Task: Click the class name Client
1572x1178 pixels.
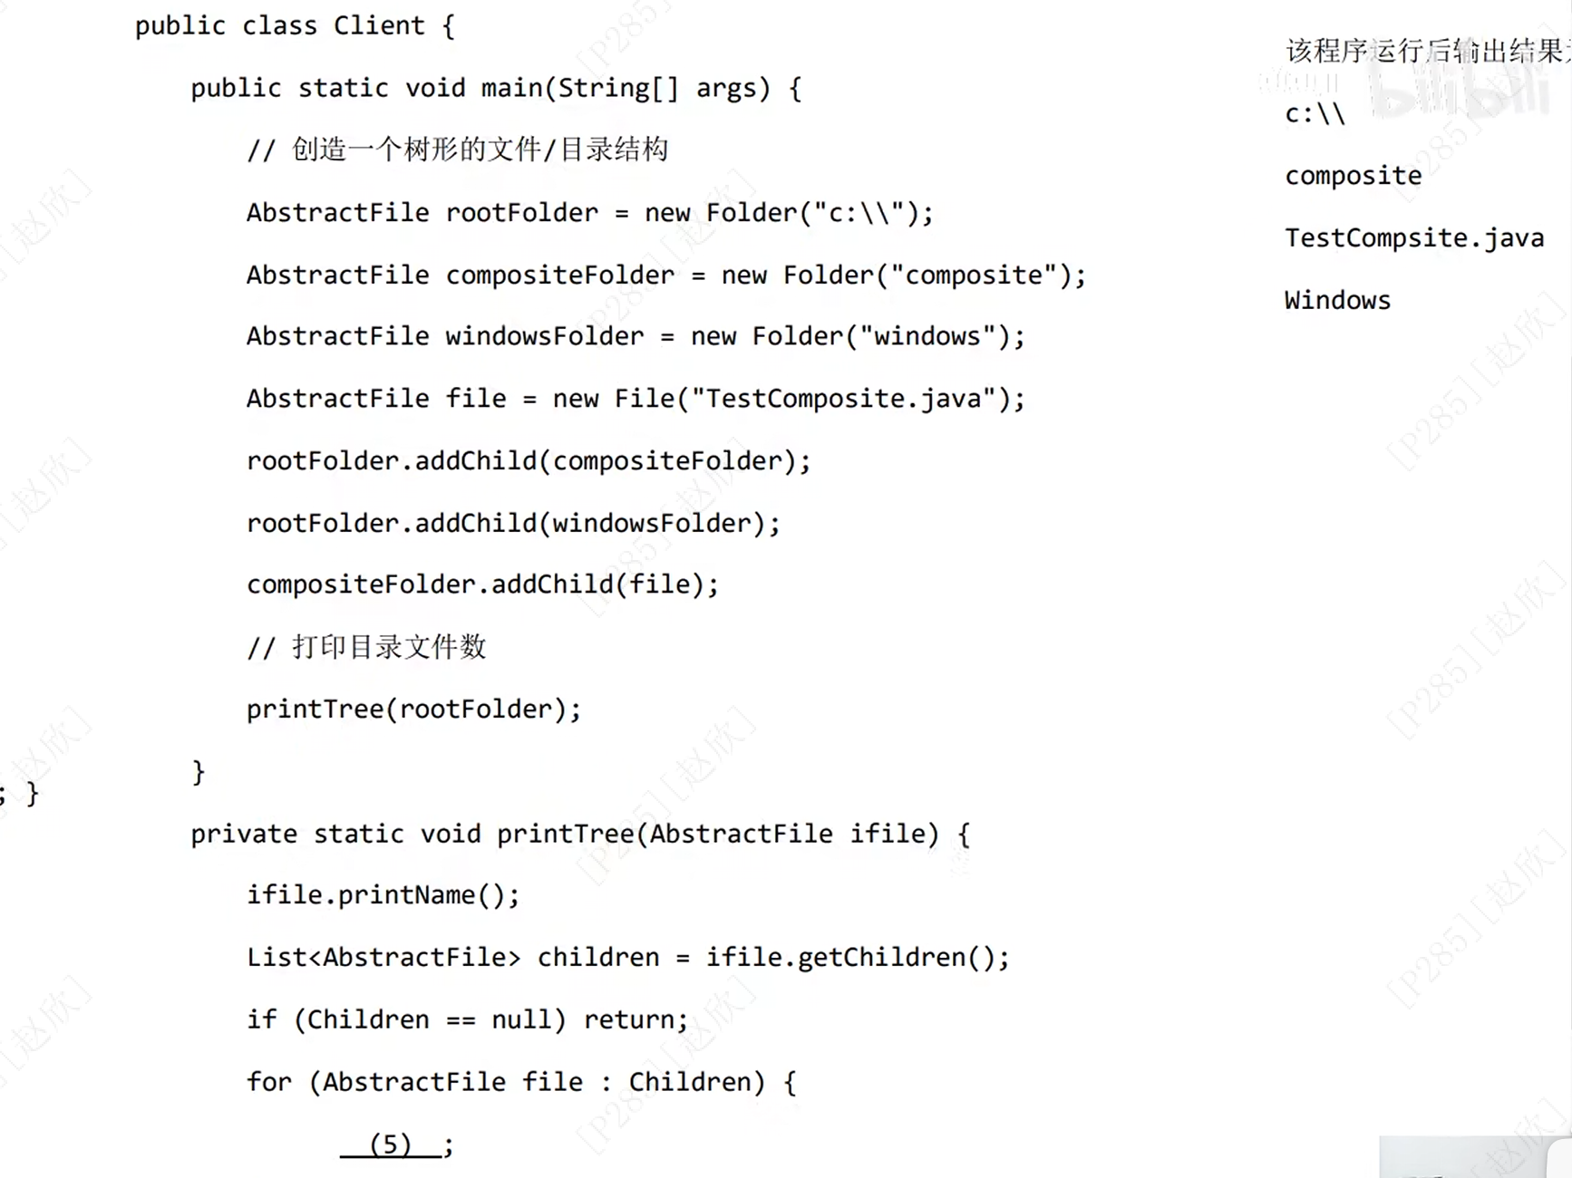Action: [x=378, y=25]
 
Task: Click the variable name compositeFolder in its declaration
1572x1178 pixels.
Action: [x=559, y=275]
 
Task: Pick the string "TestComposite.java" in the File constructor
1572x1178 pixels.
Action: [x=844, y=399]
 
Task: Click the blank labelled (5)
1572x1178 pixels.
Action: [x=391, y=1144]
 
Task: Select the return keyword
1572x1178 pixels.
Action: [x=629, y=1019]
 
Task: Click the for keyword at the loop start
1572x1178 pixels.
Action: [x=268, y=1082]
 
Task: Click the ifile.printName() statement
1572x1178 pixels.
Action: [x=383, y=895]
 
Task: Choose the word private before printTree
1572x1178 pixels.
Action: [x=243, y=834]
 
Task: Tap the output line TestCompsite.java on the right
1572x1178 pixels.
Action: [x=1413, y=238]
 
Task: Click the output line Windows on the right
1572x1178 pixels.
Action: [x=1337, y=300]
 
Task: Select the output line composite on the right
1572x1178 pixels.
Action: [x=1353, y=176]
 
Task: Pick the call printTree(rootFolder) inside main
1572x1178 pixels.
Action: [x=412, y=710]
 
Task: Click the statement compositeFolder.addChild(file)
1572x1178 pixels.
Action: [x=481, y=584]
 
